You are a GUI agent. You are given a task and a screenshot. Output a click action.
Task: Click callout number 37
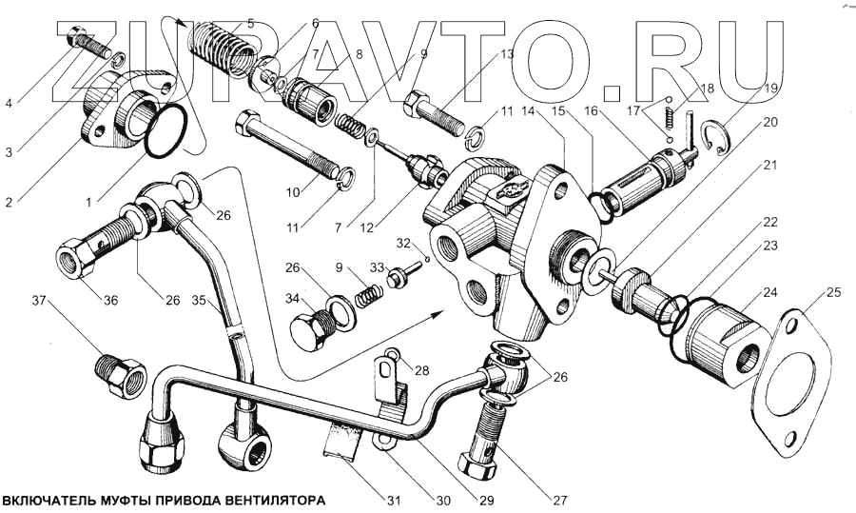click(x=38, y=302)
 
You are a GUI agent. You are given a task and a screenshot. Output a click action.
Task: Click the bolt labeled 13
click(x=433, y=114)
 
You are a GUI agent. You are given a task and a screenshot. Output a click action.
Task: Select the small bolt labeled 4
click(x=87, y=40)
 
